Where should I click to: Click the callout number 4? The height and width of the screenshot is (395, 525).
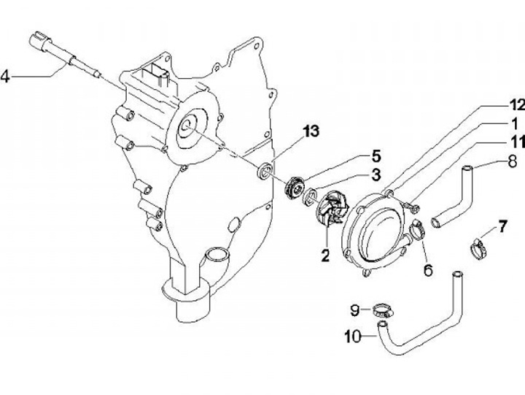point(5,77)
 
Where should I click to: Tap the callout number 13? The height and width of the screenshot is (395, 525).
point(311,131)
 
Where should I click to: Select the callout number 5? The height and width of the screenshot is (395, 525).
point(376,156)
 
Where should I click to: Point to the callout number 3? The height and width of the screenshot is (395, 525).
point(376,175)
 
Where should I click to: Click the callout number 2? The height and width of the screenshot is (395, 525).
point(325,256)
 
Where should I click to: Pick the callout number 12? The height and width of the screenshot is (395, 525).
point(517,106)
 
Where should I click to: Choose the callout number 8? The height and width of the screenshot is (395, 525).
point(513,161)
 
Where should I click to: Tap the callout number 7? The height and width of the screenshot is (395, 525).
point(502,227)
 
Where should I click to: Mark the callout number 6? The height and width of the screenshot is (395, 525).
point(428,270)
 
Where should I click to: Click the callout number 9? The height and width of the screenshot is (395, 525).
point(355,310)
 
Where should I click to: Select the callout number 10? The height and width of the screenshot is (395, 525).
point(353,336)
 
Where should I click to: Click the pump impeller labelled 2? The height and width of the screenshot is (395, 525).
point(333,208)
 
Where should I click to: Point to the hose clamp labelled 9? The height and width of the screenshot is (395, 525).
point(381,310)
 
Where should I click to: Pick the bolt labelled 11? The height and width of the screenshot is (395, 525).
point(411,206)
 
